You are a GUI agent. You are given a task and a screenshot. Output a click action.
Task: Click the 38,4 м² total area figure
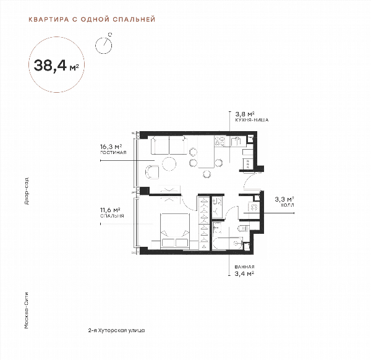click(56, 66)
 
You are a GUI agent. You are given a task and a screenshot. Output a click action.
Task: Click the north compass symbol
click(104, 44)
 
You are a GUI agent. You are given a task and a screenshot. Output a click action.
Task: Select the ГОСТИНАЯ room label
click(113, 153)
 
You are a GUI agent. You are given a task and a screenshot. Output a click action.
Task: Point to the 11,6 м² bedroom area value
click(111, 210)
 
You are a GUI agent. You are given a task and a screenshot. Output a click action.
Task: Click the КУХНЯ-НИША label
click(252, 120)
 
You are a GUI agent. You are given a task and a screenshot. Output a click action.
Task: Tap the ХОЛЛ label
click(288, 205)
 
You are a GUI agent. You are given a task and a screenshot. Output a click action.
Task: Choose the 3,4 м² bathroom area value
click(244, 274)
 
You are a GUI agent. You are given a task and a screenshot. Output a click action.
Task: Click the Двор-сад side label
click(27, 191)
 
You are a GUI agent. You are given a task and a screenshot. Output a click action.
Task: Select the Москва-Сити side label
click(27, 311)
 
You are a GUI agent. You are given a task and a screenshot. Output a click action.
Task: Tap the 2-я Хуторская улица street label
click(116, 330)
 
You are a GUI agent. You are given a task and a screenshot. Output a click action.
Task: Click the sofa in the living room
click(169, 145)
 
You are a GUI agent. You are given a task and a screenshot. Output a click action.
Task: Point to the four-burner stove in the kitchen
click(220, 141)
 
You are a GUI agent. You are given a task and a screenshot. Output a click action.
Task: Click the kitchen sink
click(236, 142)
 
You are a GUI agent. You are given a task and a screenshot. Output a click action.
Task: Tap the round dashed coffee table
click(169, 164)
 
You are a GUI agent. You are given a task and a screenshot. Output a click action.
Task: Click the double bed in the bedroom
click(175, 231)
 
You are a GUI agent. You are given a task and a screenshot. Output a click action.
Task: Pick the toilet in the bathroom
click(243, 229)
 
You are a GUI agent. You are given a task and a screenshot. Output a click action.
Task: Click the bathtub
click(228, 243)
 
